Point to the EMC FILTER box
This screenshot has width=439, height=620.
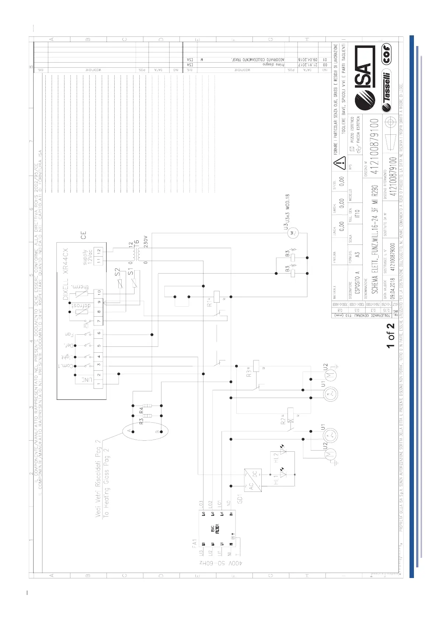(x=217, y=529)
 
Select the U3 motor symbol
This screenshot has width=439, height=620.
(x=292, y=233)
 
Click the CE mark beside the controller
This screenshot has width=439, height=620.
(x=84, y=235)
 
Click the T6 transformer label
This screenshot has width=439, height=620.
(x=136, y=244)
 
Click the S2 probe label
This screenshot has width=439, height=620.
(x=118, y=272)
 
